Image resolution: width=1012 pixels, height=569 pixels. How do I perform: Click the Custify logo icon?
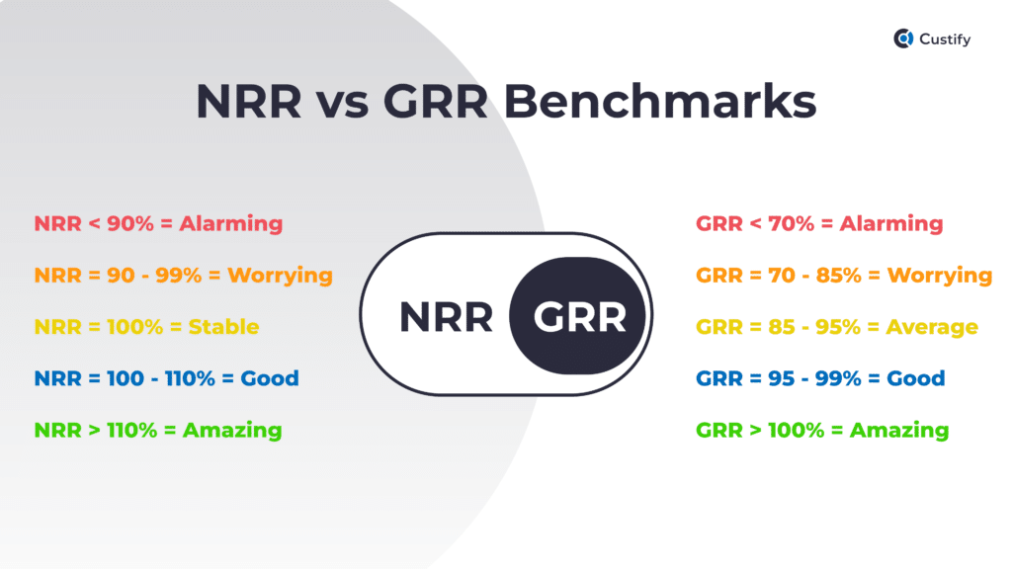[x=903, y=40]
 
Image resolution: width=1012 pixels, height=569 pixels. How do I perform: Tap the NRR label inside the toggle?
[x=446, y=318]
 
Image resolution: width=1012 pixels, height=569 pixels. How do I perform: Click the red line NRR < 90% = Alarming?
[x=158, y=223]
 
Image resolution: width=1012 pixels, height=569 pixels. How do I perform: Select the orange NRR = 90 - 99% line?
[x=183, y=275]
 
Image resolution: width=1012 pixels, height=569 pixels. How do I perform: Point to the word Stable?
[x=223, y=327]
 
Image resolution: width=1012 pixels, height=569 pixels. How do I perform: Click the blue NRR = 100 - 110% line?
[x=166, y=378]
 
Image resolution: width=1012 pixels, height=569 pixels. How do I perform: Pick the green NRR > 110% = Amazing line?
[x=158, y=431]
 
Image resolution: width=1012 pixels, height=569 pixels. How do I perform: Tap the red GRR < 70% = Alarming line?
[x=819, y=223]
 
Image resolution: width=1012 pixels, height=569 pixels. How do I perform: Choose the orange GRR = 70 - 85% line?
[x=843, y=275]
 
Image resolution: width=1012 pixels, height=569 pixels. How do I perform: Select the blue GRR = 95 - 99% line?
[x=820, y=378]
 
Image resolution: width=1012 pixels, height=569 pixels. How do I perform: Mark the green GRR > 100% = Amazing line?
[x=822, y=431]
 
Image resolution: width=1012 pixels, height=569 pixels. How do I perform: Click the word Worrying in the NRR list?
[x=280, y=275]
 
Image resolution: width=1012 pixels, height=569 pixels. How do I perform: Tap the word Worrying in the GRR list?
[x=940, y=275]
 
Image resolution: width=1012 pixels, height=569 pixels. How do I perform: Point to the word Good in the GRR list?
[x=917, y=378]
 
